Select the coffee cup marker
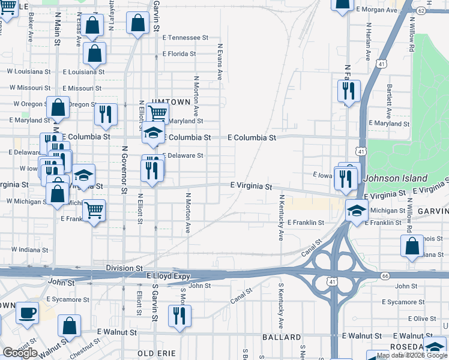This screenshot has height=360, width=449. pos(27,313)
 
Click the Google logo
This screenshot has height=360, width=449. pos(20,353)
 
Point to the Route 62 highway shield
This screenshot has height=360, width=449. pos(421,11)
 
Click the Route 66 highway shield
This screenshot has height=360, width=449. pos(385,275)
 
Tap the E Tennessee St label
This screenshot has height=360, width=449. pos(185,37)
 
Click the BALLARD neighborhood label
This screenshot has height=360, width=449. pos(281,337)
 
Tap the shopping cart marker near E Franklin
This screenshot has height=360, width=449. pos(94,211)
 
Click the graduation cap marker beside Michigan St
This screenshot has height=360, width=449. pos(357,211)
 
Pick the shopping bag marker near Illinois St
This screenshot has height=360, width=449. pos(412,246)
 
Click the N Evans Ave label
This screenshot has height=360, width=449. pos(220,62)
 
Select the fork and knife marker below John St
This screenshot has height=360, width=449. pos(179,316)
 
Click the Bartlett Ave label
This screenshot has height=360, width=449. pos(389,100)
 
